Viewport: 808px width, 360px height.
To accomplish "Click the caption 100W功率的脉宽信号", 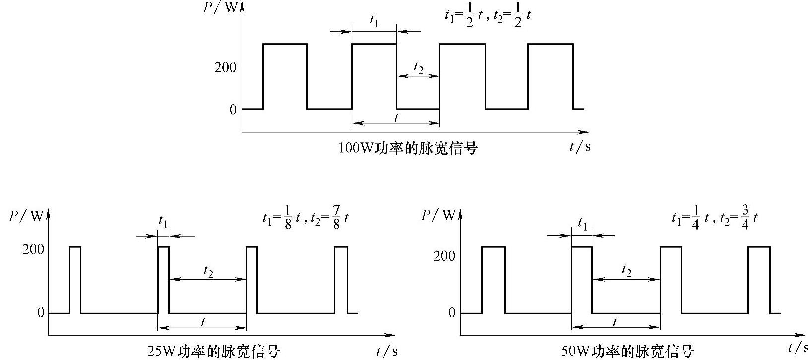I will pyautogui.click(x=407, y=148).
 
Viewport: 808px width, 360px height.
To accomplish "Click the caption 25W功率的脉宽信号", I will pyautogui.click(x=214, y=351).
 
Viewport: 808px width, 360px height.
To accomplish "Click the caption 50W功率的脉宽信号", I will pyautogui.click(x=627, y=351).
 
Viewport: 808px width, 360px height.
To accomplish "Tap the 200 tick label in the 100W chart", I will pyautogui.click(x=225, y=67).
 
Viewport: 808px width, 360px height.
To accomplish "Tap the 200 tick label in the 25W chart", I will pyautogui.click(x=33, y=249).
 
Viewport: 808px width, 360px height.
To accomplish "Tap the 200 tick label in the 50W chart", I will pyautogui.click(x=444, y=256).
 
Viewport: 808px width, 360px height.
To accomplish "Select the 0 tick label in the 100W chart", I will pyautogui.click(x=233, y=110).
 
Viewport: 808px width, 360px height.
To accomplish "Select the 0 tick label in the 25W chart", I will pyautogui.click(x=40, y=313).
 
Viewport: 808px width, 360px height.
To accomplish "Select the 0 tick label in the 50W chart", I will pyautogui.click(x=451, y=313).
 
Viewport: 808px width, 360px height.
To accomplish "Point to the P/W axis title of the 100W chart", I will pyautogui.click(x=221, y=8).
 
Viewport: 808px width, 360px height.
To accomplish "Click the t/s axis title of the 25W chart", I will pyautogui.click(x=387, y=351).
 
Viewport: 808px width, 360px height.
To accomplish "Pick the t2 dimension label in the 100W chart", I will pyautogui.click(x=418, y=68).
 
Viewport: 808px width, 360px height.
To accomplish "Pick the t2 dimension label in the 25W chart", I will pyautogui.click(x=208, y=271).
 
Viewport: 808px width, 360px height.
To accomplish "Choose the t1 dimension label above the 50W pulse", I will pyautogui.click(x=582, y=226).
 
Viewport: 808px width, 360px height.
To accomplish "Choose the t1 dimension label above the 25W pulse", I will pyautogui.click(x=163, y=221).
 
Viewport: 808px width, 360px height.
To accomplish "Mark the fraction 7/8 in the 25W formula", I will pyautogui.click(x=336, y=218).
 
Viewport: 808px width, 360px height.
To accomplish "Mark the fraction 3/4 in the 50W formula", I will pyautogui.click(x=746, y=218).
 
